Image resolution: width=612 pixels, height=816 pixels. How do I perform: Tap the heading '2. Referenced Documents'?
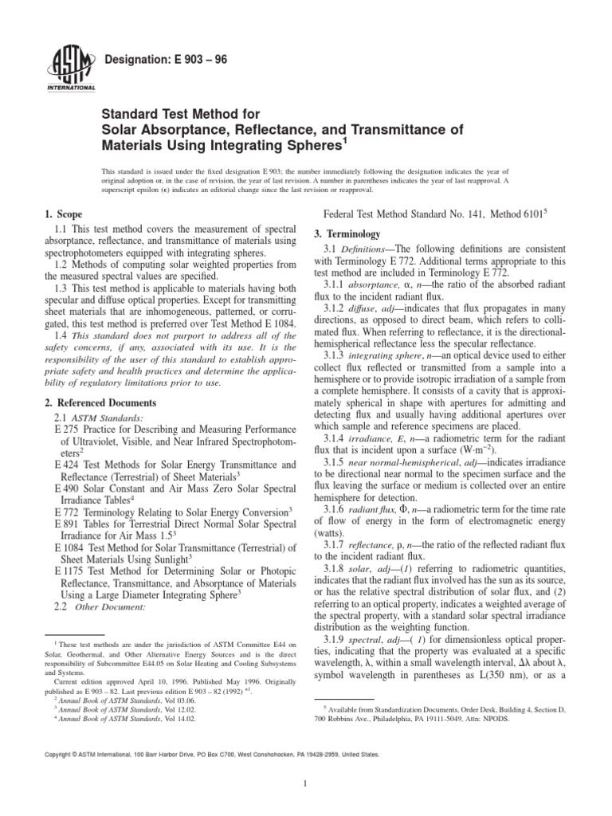(99, 403)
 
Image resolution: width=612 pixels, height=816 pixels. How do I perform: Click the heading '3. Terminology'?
(347, 234)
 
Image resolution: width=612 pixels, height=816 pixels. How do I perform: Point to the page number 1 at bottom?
(306, 783)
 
